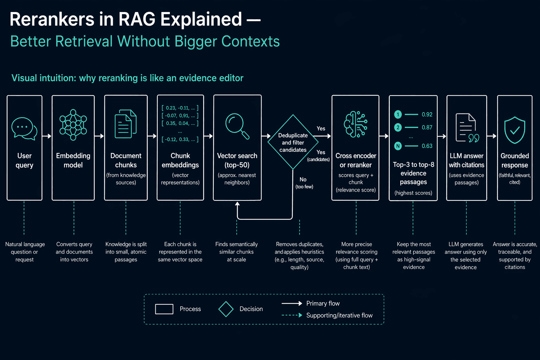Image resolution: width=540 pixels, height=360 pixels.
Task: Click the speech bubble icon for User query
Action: [x=24, y=129]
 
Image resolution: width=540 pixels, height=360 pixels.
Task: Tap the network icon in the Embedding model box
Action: [x=73, y=125]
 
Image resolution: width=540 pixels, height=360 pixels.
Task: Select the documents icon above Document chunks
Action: [x=126, y=124]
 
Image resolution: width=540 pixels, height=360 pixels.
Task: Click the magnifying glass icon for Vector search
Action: [x=237, y=126]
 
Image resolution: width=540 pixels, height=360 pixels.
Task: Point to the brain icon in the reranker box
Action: [x=355, y=124]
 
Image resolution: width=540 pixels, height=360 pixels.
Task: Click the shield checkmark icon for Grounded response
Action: [x=515, y=130]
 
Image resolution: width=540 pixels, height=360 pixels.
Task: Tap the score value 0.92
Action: [x=427, y=115]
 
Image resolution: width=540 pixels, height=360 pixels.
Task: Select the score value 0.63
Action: [x=427, y=146]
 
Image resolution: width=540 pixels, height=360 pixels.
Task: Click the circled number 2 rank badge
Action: [x=398, y=127]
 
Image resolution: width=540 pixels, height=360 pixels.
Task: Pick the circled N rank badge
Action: [x=398, y=146]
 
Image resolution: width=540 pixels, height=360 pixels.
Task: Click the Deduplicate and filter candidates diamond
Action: [x=293, y=142]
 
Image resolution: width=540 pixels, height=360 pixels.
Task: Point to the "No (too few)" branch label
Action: [x=304, y=183]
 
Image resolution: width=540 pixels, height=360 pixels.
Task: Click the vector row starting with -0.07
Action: [x=180, y=116]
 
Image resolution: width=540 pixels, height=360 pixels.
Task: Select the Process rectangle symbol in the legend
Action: [x=164, y=309]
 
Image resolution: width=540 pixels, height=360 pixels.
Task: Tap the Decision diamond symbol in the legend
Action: [x=226, y=309]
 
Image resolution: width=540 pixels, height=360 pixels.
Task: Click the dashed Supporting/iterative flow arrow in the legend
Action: [x=292, y=315]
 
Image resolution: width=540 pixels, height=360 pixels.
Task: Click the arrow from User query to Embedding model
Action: [x=47, y=136]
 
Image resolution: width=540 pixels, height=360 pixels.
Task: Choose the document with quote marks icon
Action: [x=467, y=128]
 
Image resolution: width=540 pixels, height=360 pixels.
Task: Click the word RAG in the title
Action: [x=137, y=19]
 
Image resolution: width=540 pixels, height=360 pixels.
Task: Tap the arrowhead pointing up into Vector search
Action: [x=237, y=204]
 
